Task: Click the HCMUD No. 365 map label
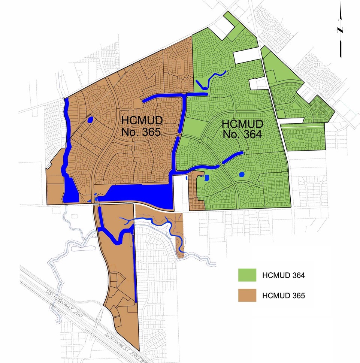141,126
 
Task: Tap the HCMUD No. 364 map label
243,129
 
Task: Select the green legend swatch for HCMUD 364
247,275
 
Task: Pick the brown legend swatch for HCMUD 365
247,295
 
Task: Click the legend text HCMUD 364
284,276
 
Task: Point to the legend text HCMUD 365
284,296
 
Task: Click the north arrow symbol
340,32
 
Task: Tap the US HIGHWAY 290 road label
58,296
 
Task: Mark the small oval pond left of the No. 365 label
90,120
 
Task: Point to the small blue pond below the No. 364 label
242,174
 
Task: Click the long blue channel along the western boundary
67,150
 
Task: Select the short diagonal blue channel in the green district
232,157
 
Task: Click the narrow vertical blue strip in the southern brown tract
135,270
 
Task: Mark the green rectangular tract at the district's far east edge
303,137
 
